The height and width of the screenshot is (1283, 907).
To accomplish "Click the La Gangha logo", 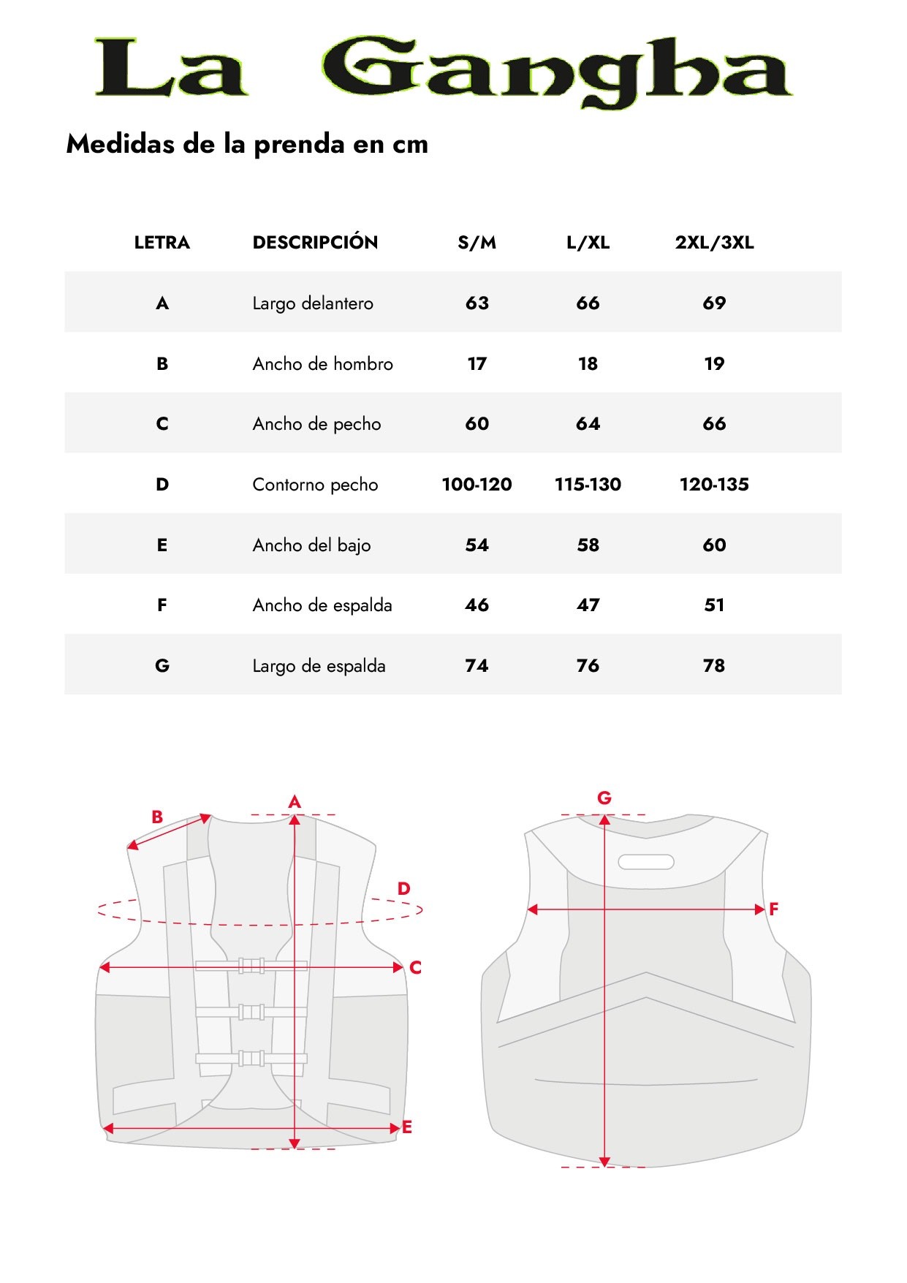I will click(x=443, y=70).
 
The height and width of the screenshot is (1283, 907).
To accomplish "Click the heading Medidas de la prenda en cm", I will click(x=247, y=144).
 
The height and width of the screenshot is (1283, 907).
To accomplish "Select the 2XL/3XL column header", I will click(x=714, y=243).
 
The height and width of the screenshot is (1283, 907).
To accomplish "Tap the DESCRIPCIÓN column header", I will click(x=315, y=243).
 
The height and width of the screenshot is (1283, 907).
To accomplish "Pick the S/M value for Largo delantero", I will click(x=477, y=303).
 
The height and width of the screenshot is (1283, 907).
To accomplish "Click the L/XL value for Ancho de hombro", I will click(x=588, y=363).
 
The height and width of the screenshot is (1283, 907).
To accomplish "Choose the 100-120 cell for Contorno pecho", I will click(x=477, y=484).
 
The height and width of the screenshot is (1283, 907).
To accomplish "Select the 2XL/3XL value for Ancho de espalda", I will click(x=714, y=605).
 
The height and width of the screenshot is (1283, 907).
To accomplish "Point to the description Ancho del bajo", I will click(x=311, y=545).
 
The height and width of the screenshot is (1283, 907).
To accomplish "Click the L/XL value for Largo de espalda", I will click(x=588, y=665).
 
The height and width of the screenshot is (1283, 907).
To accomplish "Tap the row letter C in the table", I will click(x=162, y=424).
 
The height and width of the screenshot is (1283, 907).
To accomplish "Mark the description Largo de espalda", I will click(x=319, y=665).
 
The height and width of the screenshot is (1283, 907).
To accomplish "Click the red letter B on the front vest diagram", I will click(x=157, y=817).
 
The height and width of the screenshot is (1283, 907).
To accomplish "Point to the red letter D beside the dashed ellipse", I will click(x=404, y=889).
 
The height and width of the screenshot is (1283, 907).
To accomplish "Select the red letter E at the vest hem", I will click(x=407, y=1127).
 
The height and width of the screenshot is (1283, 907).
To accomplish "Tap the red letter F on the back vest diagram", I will click(x=774, y=909).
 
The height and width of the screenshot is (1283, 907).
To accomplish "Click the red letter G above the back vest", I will click(x=604, y=798).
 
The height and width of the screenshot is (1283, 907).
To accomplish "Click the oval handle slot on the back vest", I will click(x=646, y=862).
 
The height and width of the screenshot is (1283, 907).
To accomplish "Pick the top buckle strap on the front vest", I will click(x=251, y=966).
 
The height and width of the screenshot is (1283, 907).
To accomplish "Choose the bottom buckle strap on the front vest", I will click(x=251, y=1058).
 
